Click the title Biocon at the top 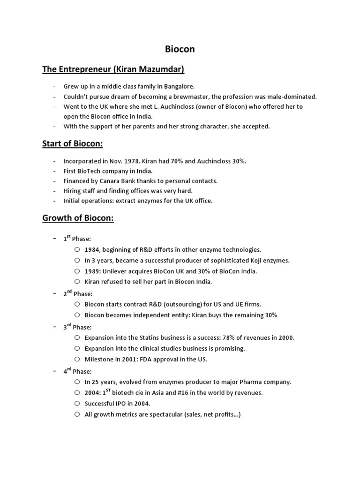click(180, 49)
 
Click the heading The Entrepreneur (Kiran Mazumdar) click(113, 70)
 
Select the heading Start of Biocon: click(72, 144)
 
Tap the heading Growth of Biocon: click(78, 218)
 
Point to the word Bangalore click(178, 86)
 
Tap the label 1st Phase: click(77, 239)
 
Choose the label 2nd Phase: click(78, 294)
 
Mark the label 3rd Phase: click(77, 327)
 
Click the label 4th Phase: click(77, 371)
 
